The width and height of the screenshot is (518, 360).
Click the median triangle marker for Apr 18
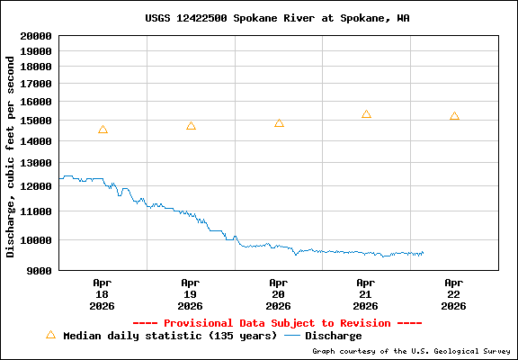[103, 130]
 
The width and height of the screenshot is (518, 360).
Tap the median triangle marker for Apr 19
[191, 126]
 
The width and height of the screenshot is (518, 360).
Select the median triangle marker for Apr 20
[279, 123]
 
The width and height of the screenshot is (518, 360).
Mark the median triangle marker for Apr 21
[366, 114]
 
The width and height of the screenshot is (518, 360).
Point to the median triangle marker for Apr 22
[454, 116]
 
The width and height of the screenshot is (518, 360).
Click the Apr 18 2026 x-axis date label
[103, 293]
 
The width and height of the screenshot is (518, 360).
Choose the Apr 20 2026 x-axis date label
[279, 293]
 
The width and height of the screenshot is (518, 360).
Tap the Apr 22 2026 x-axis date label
[454, 293]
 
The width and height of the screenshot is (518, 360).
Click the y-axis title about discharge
[11, 156]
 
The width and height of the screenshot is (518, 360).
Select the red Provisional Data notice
[277, 322]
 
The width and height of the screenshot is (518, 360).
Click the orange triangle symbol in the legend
[50, 335]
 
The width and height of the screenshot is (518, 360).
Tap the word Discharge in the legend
[333, 336]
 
